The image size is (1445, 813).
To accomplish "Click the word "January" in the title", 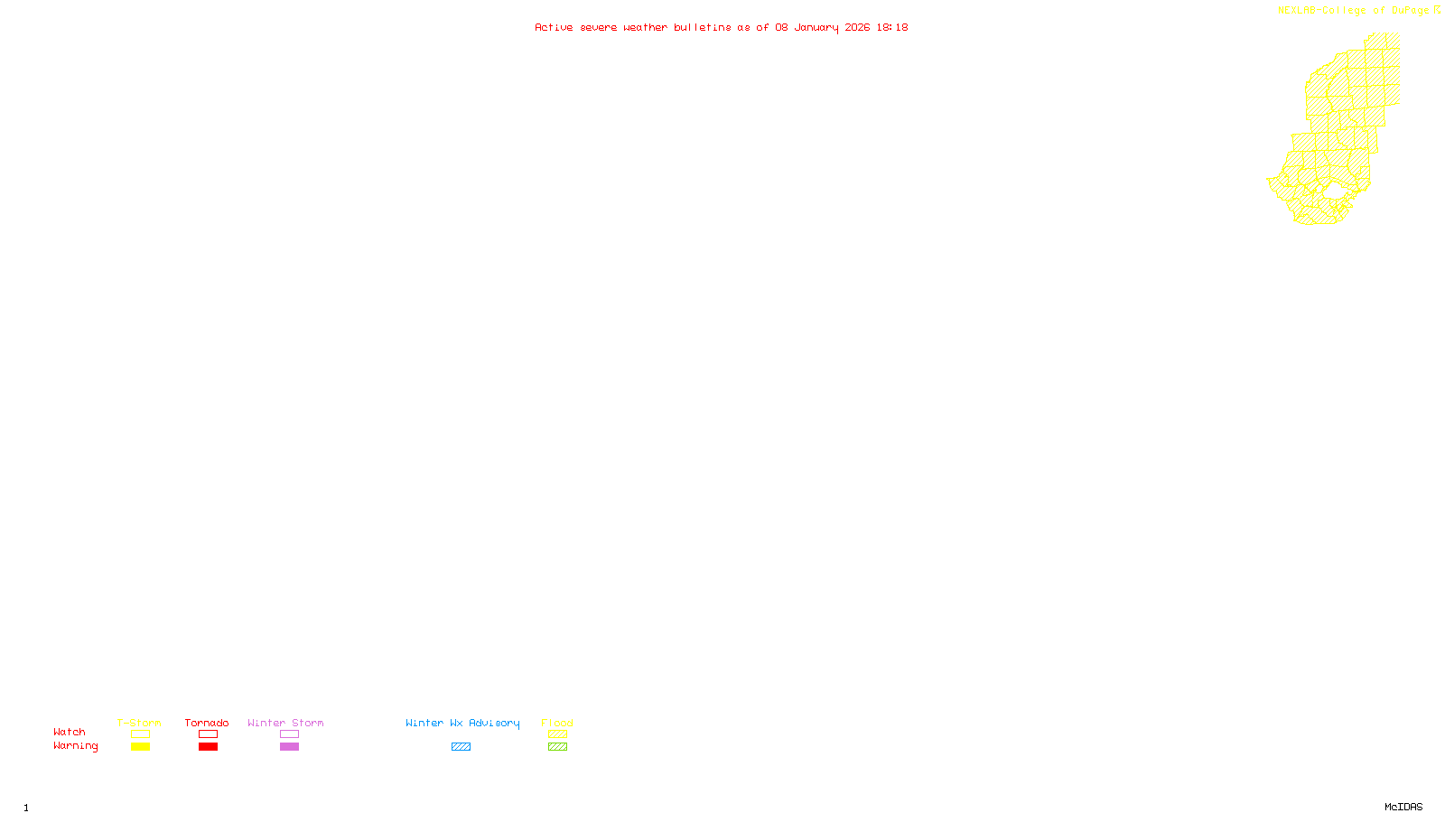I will [816, 28].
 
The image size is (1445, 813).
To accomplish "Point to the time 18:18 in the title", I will [891, 28].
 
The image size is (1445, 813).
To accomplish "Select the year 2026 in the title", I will [857, 28].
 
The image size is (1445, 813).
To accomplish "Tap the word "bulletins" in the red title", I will [702, 28].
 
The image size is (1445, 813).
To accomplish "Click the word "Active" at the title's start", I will [553, 28].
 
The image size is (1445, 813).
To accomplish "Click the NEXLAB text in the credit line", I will [1297, 11].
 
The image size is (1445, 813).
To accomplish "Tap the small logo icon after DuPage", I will [1437, 10].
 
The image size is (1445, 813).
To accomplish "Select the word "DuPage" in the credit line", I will [1410, 11].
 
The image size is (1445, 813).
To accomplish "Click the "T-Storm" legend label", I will [139, 723].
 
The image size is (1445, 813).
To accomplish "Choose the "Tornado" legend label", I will [207, 723].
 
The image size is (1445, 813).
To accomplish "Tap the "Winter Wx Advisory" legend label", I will [462, 723].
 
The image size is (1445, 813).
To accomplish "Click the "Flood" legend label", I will [557, 723].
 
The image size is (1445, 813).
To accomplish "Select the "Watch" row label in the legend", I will [70, 732].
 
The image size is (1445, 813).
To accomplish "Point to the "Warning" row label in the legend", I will [76, 746].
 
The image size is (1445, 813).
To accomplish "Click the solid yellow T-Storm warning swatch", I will [140, 747].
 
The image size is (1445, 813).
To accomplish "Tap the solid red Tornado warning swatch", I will [208, 747].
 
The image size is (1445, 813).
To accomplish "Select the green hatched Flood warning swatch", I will [557, 747].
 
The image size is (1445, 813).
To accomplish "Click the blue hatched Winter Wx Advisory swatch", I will [461, 747].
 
